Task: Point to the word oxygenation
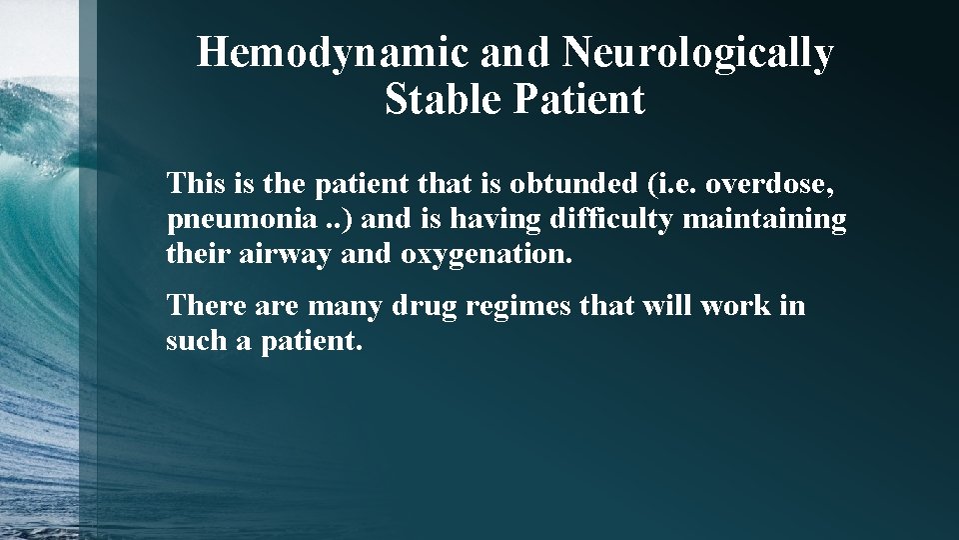tap(487, 255)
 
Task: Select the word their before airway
tap(199, 254)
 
